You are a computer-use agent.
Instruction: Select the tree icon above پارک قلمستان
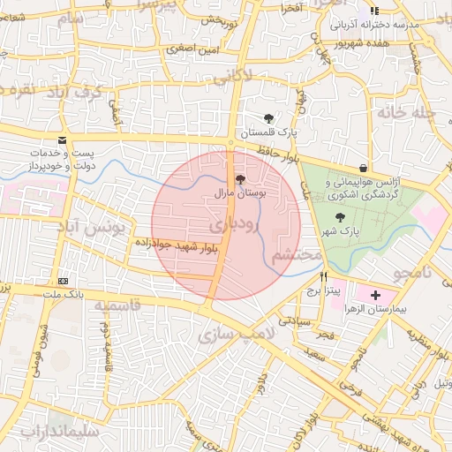pyautogui.click(x=268, y=118)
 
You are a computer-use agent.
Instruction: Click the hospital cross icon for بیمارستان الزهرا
pyautogui.click(x=376, y=294)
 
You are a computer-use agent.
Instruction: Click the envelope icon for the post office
pyautogui.click(x=62, y=140)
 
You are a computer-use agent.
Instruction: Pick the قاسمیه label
pyautogui.click(x=117, y=305)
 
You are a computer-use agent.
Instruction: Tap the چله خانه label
pyautogui.click(x=407, y=113)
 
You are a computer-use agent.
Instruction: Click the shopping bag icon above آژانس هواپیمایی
pyautogui.click(x=364, y=168)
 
